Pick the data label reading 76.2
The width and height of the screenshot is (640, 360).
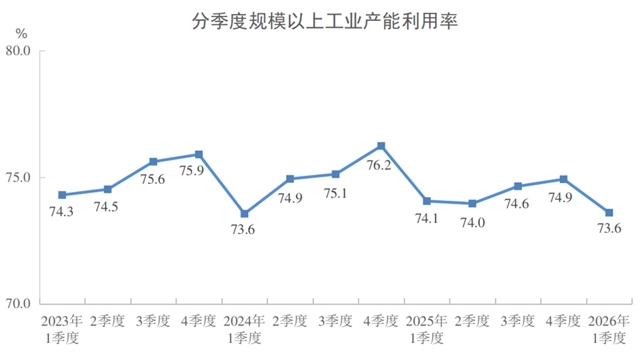pos(381,165)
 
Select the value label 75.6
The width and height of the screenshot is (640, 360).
pos(152,179)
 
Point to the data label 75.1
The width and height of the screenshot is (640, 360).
pos(335,193)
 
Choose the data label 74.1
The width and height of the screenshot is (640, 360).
pos(426,219)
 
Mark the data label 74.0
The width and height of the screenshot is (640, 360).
pos(472,221)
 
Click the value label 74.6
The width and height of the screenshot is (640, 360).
pos(517,204)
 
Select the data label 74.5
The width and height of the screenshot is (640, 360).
pos(107,207)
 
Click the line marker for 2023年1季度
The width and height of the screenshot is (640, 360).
pos(62,194)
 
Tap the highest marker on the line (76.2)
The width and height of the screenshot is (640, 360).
pos(381,146)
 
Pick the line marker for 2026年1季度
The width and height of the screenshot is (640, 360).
pos(609,212)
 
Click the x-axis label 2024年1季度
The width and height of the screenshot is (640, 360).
pos(244,329)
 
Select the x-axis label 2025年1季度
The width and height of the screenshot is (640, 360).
pos(426,329)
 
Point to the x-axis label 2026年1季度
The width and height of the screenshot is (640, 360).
pos(609,329)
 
